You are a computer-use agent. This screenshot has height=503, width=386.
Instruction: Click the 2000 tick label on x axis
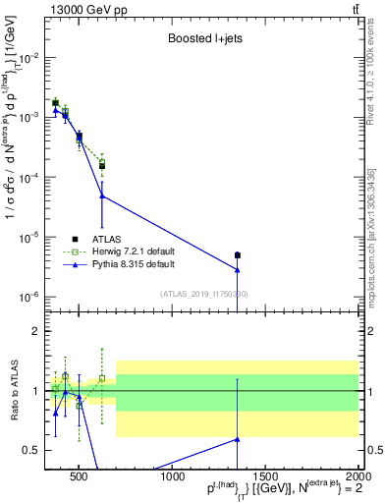tap(357, 479)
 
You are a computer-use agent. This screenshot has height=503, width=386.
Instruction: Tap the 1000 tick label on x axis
tap(173, 479)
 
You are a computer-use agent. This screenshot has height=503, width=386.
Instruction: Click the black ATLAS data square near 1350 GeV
tap(238, 255)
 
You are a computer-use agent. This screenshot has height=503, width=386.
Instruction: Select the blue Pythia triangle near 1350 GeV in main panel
tap(238, 269)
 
